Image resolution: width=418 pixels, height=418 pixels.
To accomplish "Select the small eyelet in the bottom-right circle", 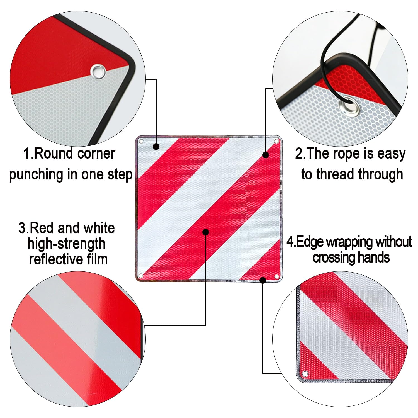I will (305, 374).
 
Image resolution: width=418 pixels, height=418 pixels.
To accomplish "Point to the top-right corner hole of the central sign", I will (276, 141).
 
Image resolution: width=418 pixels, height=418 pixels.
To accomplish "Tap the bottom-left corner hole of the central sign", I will (141, 276).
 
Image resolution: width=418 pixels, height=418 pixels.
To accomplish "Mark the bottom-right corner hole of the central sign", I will (276, 276).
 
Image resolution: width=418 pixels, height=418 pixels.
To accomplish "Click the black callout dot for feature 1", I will (156, 146).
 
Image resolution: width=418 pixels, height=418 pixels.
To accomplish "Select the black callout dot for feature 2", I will (266, 155).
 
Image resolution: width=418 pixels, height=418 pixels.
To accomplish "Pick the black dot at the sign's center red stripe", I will (206, 232).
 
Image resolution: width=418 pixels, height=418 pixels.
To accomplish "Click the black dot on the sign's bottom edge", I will (263, 280).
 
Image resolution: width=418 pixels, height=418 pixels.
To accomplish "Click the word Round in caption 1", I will (54, 154).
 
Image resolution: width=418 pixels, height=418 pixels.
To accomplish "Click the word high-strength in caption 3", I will (66, 244).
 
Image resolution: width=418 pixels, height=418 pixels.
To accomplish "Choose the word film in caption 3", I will (97, 259).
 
